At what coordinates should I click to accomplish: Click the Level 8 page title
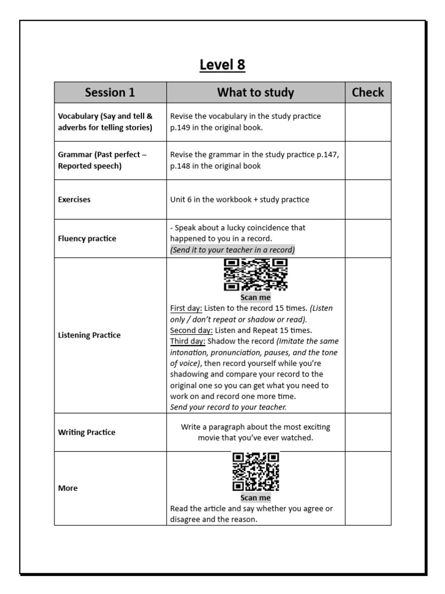tap(222, 65)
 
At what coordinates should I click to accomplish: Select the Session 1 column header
tap(110, 92)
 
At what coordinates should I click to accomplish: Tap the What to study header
tap(256, 92)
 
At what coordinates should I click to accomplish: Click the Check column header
tap(368, 92)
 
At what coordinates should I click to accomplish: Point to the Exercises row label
tap(74, 200)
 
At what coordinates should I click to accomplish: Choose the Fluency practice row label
tap(87, 238)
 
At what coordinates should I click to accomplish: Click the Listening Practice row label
tap(89, 335)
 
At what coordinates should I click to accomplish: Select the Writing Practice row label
tap(86, 432)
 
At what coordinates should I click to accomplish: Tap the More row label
tap(68, 488)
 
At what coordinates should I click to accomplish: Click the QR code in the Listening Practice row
tap(256, 275)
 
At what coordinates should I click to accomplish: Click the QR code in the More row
tap(256, 472)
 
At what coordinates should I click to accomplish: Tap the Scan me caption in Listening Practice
tap(256, 298)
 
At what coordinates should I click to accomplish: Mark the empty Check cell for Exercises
tap(368, 200)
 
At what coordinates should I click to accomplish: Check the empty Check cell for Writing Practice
tap(368, 432)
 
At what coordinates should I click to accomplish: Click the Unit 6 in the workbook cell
tap(239, 200)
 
